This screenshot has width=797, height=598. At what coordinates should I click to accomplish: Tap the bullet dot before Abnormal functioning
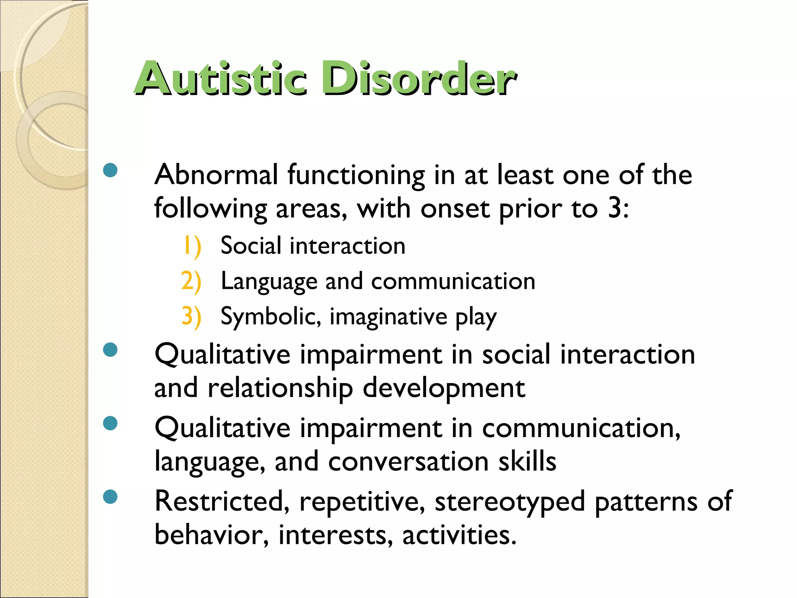(x=111, y=170)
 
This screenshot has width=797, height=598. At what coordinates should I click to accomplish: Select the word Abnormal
(x=216, y=175)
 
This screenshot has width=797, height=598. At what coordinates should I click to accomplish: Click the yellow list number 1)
(x=192, y=246)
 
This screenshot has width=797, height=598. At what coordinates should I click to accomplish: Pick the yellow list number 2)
(x=191, y=281)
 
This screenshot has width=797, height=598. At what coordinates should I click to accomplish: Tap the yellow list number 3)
(x=191, y=316)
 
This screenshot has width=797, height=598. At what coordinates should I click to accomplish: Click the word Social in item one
(x=251, y=246)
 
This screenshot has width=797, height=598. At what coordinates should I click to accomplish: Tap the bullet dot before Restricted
(x=111, y=497)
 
